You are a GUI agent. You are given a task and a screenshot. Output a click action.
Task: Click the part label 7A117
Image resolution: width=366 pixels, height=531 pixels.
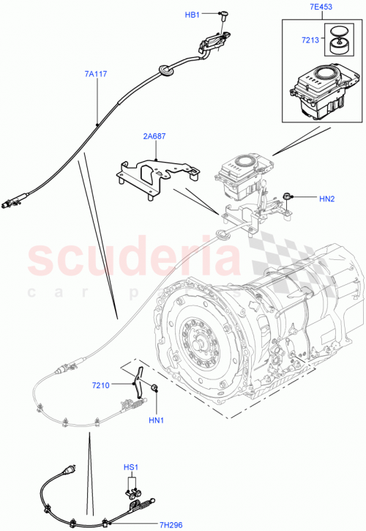(97, 73)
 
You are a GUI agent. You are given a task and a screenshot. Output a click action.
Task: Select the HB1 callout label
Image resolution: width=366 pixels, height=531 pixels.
(192, 14)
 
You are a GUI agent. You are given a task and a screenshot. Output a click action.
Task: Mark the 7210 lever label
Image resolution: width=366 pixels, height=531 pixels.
(101, 385)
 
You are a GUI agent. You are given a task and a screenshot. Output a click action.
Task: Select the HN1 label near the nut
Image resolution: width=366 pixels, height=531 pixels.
(156, 420)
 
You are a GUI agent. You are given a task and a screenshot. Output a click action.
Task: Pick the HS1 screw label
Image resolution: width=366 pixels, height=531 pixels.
(130, 467)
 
